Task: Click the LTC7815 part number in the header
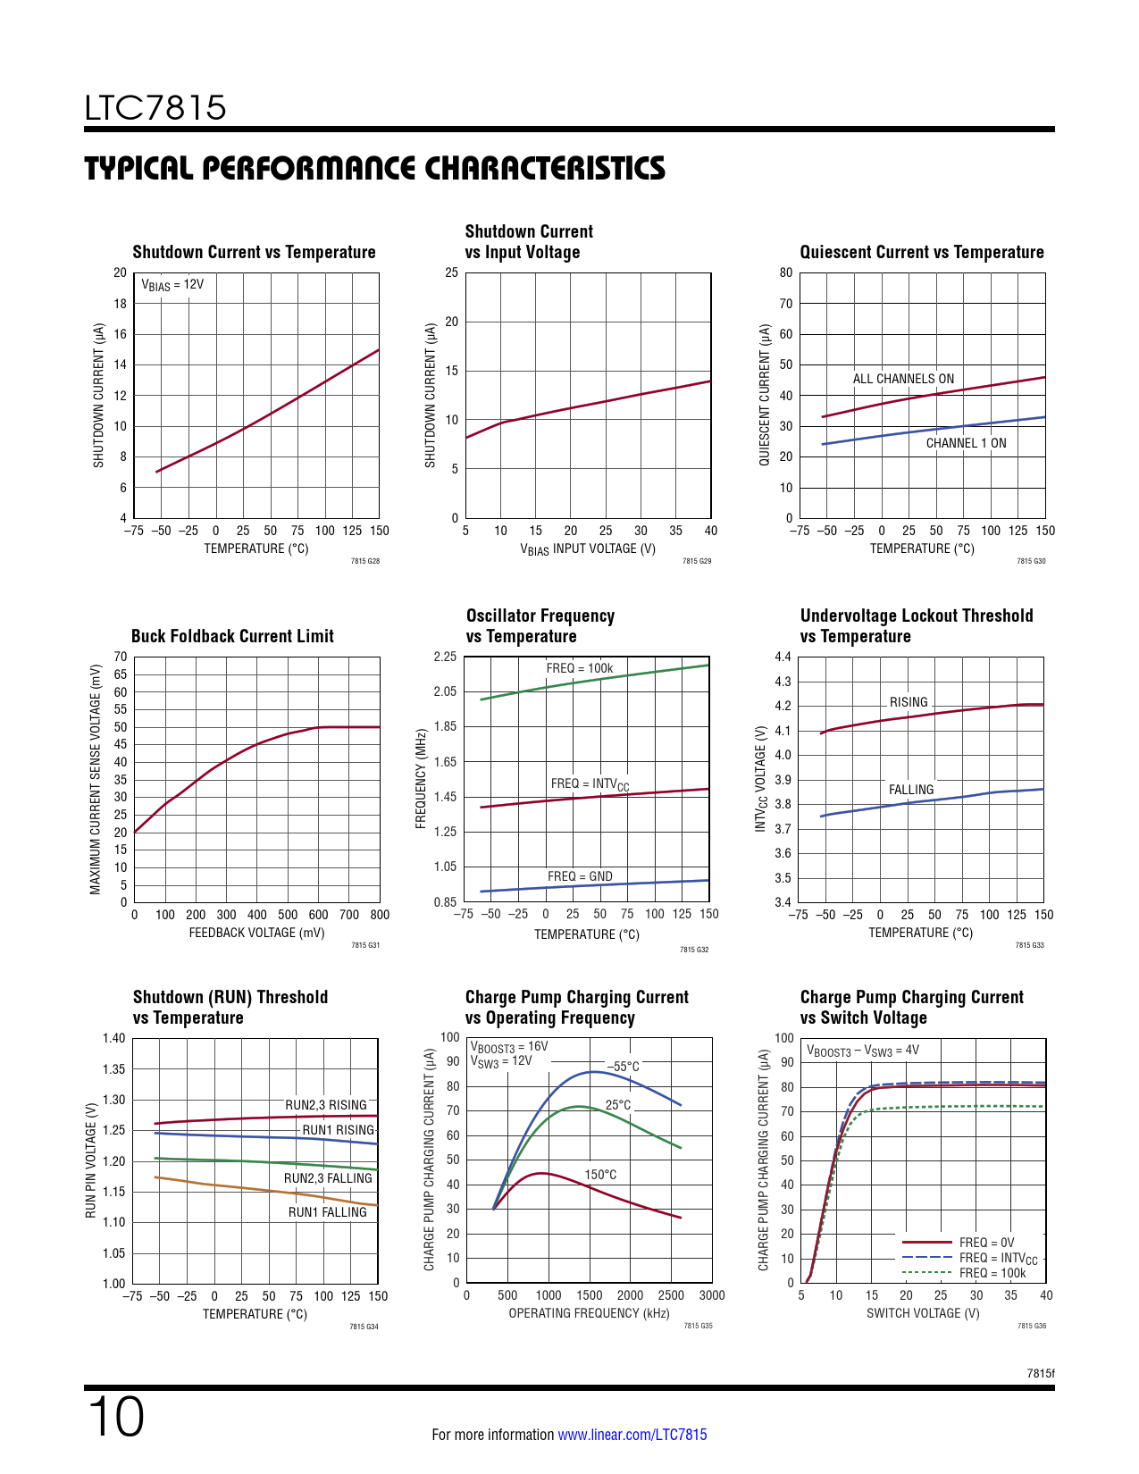[x=155, y=108]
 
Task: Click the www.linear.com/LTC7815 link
[x=632, y=1435]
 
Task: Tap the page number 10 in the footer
[x=116, y=1417]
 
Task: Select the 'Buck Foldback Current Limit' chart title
[x=232, y=636]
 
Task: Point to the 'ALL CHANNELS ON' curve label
[x=903, y=379]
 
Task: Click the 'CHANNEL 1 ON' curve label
[x=966, y=443]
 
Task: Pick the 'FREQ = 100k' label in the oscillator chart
[x=580, y=668]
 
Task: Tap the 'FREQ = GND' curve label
[x=580, y=876]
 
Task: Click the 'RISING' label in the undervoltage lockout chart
[x=909, y=702]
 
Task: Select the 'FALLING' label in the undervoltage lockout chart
[x=911, y=790]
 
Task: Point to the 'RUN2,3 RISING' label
[x=326, y=1105]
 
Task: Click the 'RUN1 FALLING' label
[x=327, y=1212]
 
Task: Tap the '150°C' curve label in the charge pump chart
[x=600, y=1175]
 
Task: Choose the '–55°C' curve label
[x=624, y=1067]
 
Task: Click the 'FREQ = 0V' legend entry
[x=986, y=1243]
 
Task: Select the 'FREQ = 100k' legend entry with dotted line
[x=992, y=1273]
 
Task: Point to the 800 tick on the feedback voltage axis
[x=380, y=915]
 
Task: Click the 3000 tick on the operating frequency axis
[x=712, y=1295]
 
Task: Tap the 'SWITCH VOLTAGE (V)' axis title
[x=923, y=1313]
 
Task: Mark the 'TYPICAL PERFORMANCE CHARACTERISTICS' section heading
[x=375, y=169]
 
